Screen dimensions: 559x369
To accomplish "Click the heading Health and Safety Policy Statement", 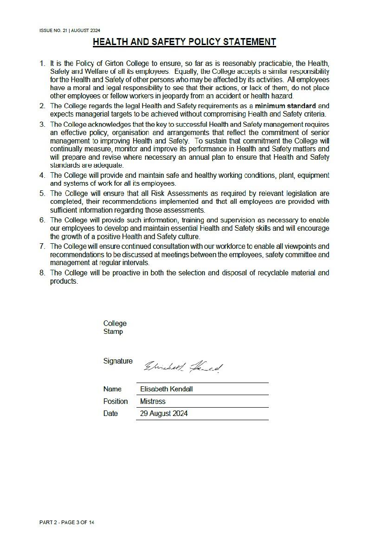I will click(x=184, y=42).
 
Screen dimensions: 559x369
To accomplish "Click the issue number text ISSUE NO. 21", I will click(x=53, y=31).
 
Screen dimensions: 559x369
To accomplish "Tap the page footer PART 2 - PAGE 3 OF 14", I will click(x=67, y=522).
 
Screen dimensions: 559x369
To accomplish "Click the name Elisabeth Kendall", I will click(x=166, y=389).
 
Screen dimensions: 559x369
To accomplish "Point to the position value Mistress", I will click(x=153, y=401).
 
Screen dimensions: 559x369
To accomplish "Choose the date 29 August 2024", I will click(x=164, y=413).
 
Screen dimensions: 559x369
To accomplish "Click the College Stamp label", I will click(x=114, y=327).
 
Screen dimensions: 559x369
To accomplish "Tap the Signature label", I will click(x=118, y=361).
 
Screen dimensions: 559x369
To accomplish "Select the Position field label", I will click(x=116, y=401).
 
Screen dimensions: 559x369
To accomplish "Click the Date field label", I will click(x=110, y=413).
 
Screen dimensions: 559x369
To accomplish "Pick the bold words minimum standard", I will click(x=285, y=106).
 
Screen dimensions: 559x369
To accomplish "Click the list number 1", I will click(x=42, y=63).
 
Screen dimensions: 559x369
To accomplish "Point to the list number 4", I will click(x=42, y=175).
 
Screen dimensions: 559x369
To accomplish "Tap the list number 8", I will click(x=42, y=273).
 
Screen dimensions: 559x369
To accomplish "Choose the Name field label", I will click(x=112, y=389).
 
